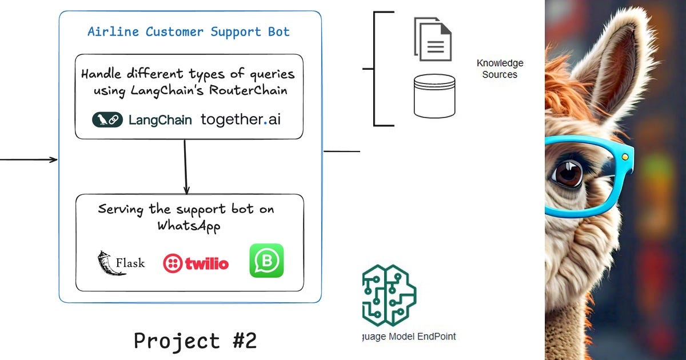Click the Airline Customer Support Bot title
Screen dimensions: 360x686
point(189,31)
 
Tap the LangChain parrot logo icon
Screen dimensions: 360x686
point(107,119)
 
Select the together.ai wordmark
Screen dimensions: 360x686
point(241,119)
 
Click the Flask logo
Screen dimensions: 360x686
point(121,263)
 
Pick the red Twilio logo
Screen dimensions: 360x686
point(196,263)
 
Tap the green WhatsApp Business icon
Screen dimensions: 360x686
point(266,261)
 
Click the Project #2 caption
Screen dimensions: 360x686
point(195,341)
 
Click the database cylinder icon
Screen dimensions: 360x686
point(434,96)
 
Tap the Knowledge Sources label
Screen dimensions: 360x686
point(500,69)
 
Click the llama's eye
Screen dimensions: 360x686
point(568,173)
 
